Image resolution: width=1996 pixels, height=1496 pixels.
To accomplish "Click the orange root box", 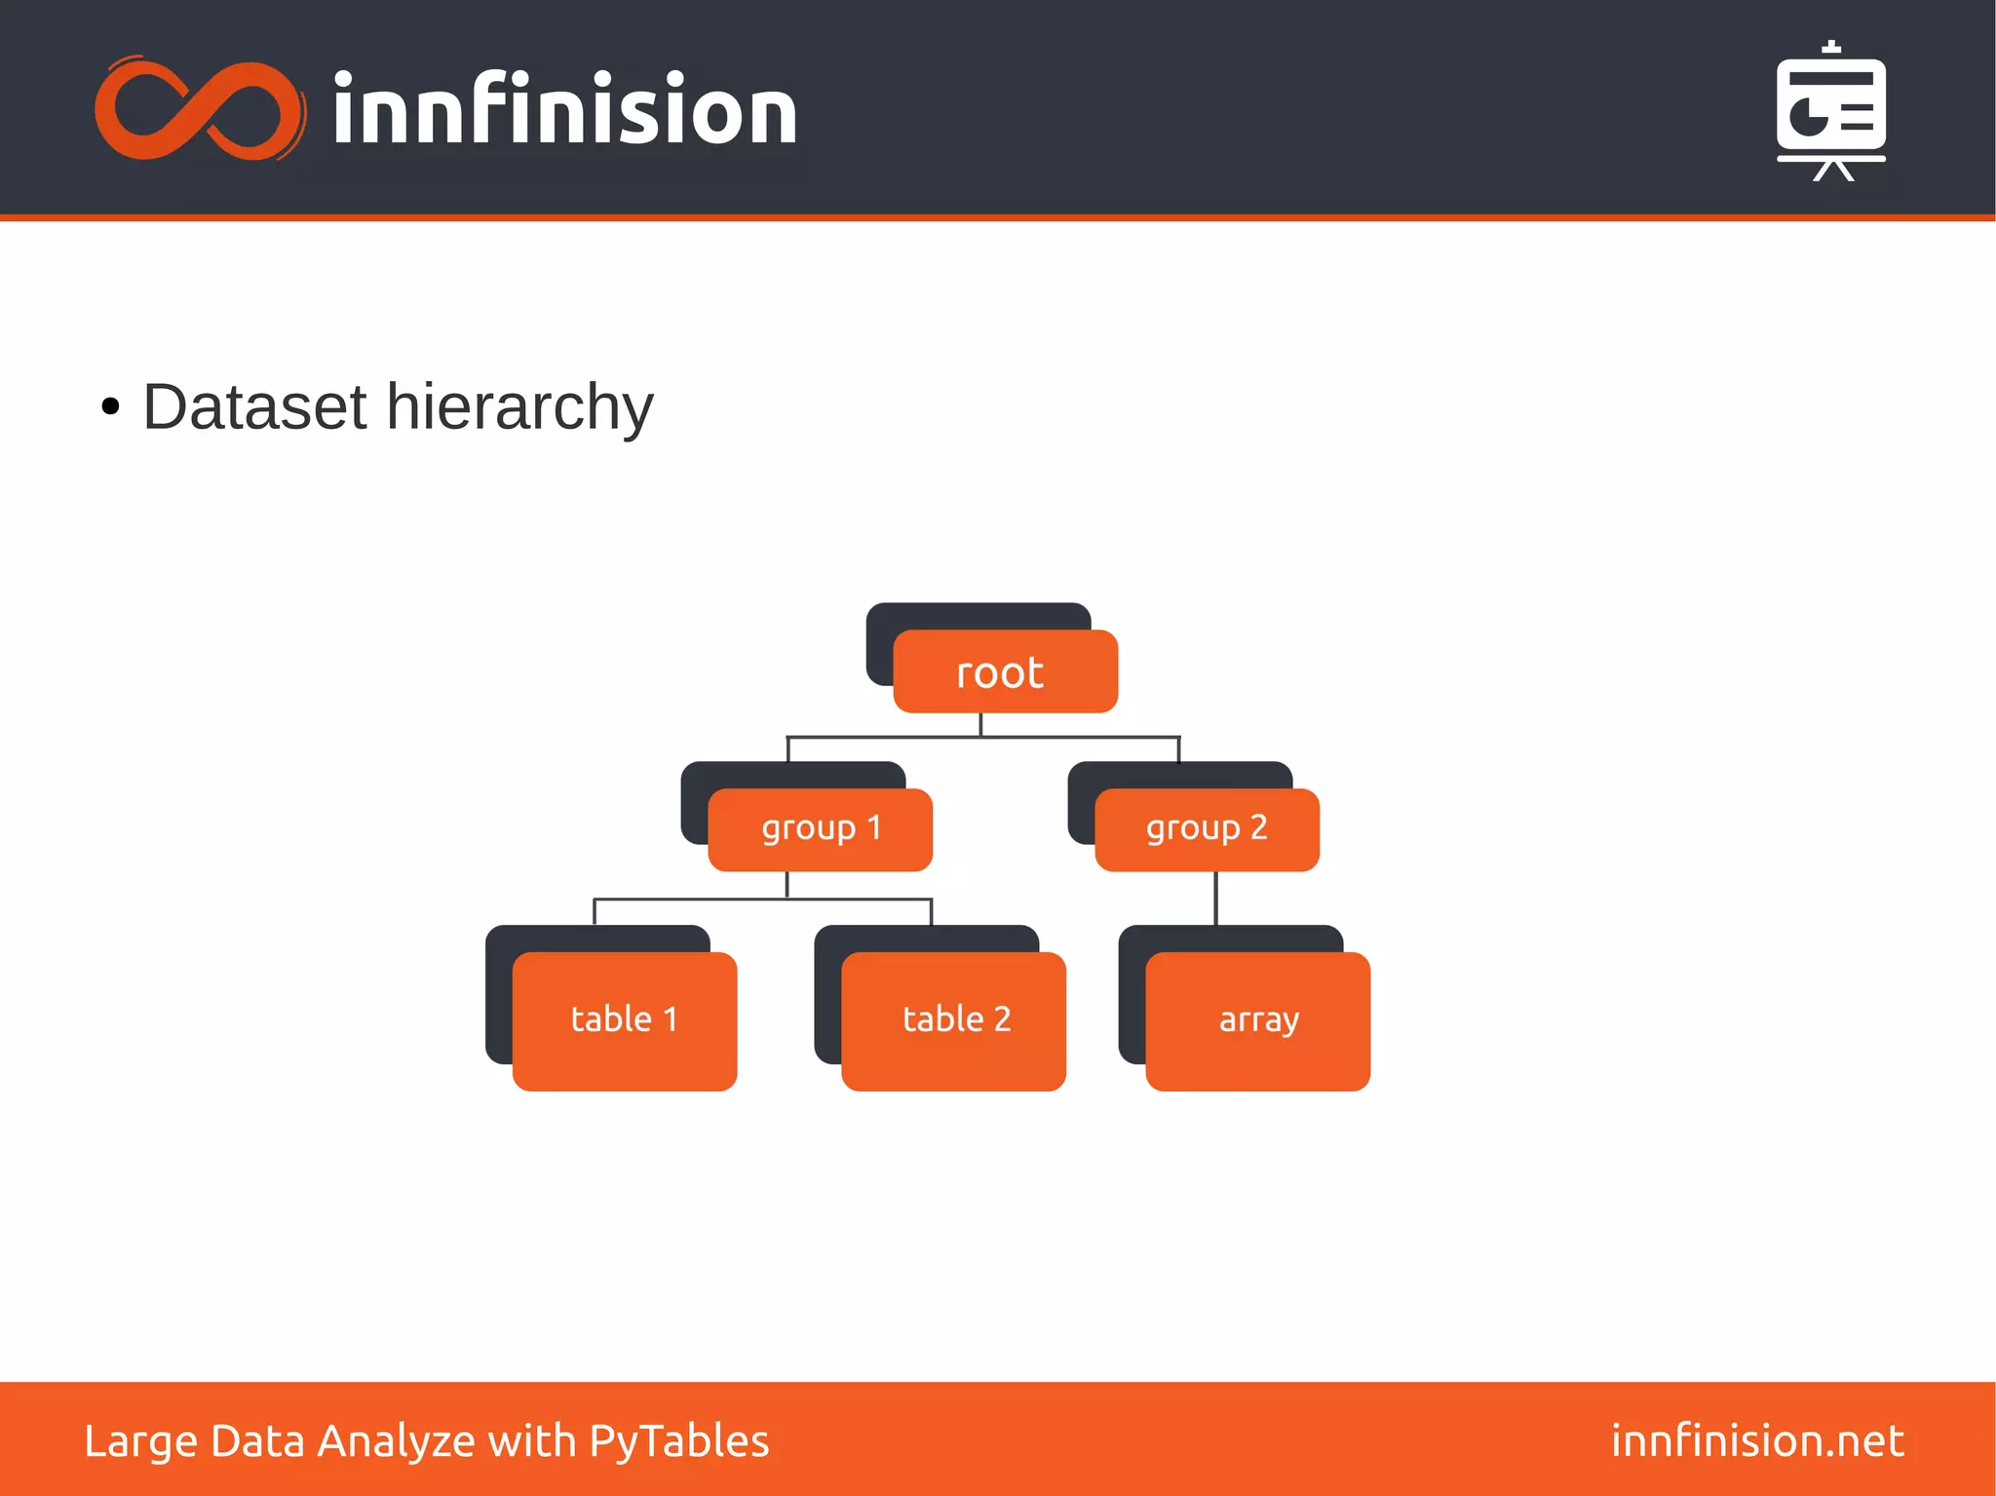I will (x=1005, y=671).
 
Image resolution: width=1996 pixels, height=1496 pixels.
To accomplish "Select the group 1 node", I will (x=820, y=829).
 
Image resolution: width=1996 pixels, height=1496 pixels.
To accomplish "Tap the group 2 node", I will (x=1207, y=829).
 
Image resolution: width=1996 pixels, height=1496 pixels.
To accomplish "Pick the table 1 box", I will (x=625, y=1020).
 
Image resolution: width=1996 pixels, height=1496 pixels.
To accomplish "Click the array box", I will (x=1257, y=1020).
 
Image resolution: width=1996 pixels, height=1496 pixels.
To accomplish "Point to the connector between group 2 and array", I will (x=1215, y=898).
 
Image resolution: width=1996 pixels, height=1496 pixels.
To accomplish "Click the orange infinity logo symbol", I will (x=200, y=109).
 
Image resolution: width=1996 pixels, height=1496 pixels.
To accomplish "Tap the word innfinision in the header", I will (x=564, y=110).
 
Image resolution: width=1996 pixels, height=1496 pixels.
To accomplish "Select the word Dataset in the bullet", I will (x=254, y=406).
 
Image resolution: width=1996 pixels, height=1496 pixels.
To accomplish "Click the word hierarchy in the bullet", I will (x=519, y=408).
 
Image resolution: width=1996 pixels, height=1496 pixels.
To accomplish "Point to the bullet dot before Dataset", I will (x=110, y=407).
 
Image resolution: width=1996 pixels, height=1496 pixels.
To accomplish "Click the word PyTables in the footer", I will (x=678, y=1441).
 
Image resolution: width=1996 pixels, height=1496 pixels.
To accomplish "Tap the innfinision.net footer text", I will (x=1756, y=1440).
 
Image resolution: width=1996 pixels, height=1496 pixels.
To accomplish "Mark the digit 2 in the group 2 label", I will (x=1258, y=827).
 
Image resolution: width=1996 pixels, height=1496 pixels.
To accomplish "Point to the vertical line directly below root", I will (x=980, y=724).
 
